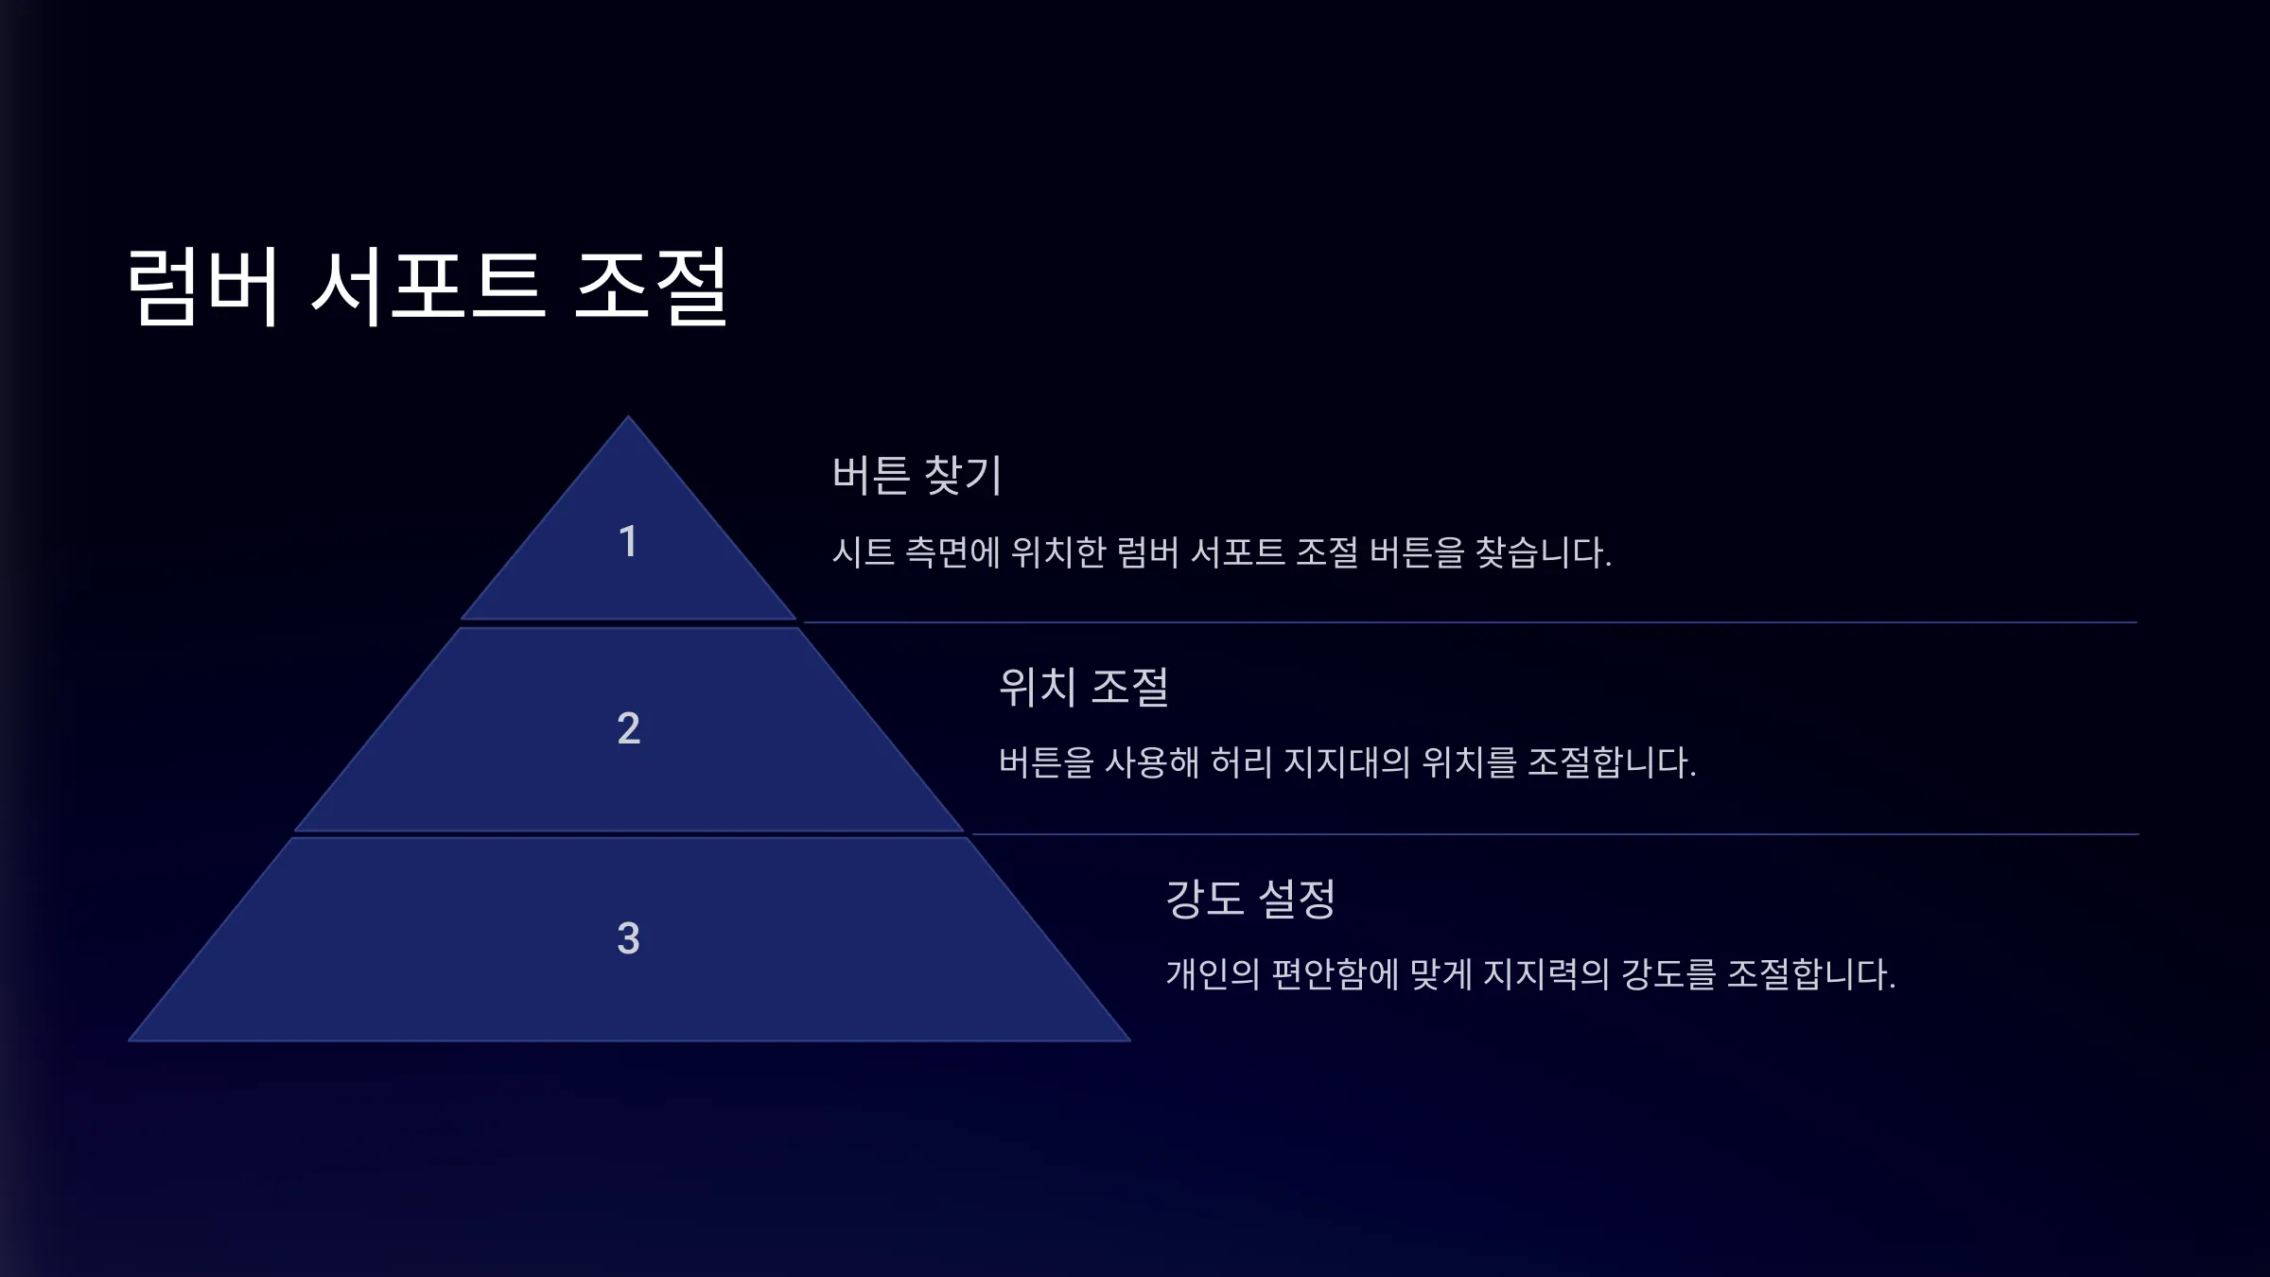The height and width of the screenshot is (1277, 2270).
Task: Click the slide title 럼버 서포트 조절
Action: point(428,287)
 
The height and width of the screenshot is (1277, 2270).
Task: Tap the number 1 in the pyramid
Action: point(628,542)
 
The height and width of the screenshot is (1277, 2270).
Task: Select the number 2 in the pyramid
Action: point(629,728)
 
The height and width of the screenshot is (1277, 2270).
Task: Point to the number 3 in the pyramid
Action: point(629,938)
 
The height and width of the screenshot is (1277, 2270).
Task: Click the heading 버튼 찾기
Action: point(917,475)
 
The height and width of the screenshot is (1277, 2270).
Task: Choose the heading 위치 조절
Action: point(1084,687)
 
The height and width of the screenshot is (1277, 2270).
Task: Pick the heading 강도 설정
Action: point(1250,899)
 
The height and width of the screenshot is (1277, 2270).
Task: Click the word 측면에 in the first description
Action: point(952,552)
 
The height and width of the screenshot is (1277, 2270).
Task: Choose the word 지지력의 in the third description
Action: point(1545,974)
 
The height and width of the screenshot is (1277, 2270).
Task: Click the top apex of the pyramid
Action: point(628,416)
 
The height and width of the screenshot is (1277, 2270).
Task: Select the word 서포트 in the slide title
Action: point(428,287)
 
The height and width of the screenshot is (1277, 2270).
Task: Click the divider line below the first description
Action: point(1470,622)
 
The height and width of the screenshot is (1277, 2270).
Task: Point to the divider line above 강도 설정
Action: point(1555,834)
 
